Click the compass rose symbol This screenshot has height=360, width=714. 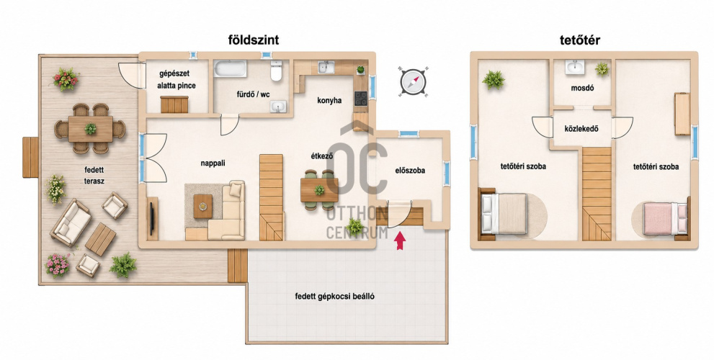click(413, 82)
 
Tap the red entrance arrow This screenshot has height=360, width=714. click(400, 240)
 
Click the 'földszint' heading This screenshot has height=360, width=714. click(254, 40)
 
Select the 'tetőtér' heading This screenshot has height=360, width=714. click(580, 40)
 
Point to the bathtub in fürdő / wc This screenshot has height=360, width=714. click(231, 69)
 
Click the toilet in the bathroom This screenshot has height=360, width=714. click(277, 71)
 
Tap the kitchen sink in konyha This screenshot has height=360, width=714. click(326, 68)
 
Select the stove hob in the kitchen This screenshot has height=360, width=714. click(361, 99)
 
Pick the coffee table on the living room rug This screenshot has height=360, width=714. click(202, 206)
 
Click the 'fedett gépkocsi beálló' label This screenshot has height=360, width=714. click(335, 297)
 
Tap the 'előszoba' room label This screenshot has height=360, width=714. click(410, 171)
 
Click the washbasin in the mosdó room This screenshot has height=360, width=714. click(576, 68)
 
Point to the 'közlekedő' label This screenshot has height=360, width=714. click(581, 129)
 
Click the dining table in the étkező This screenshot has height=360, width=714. click(319, 190)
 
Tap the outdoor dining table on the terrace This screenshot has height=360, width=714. click(91, 129)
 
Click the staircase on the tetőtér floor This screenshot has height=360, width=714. click(597, 194)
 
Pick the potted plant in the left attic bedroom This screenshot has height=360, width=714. click(494, 80)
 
